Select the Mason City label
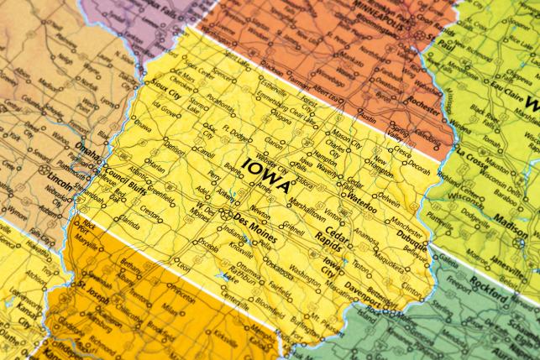(344, 133)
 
